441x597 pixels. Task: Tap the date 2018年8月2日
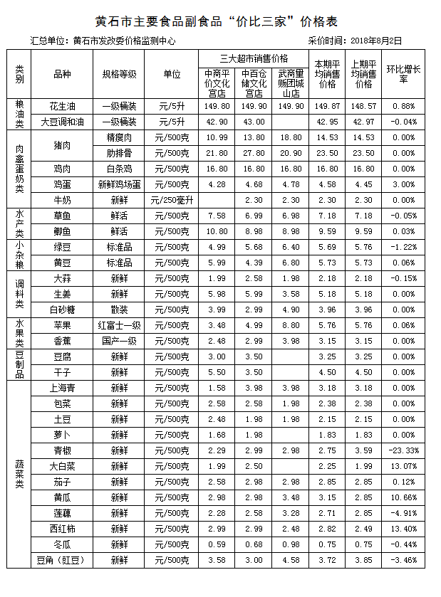click(x=378, y=41)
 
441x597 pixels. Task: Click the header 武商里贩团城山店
click(x=291, y=83)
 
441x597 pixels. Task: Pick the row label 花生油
click(x=63, y=105)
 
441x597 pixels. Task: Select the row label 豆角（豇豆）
click(x=63, y=560)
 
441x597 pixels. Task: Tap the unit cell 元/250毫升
click(x=172, y=200)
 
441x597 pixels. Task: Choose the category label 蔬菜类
click(x=20, y=474)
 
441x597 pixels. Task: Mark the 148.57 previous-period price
click(x=364, y=105)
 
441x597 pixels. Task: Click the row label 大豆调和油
click(x=63, y=121)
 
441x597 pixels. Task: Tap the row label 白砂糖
click(x=63, y=310)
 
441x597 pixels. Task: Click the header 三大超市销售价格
click(x=254, y=57)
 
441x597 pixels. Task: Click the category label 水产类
click(x=20, y=223)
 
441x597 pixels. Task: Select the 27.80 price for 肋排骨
click(x=254, y=153)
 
